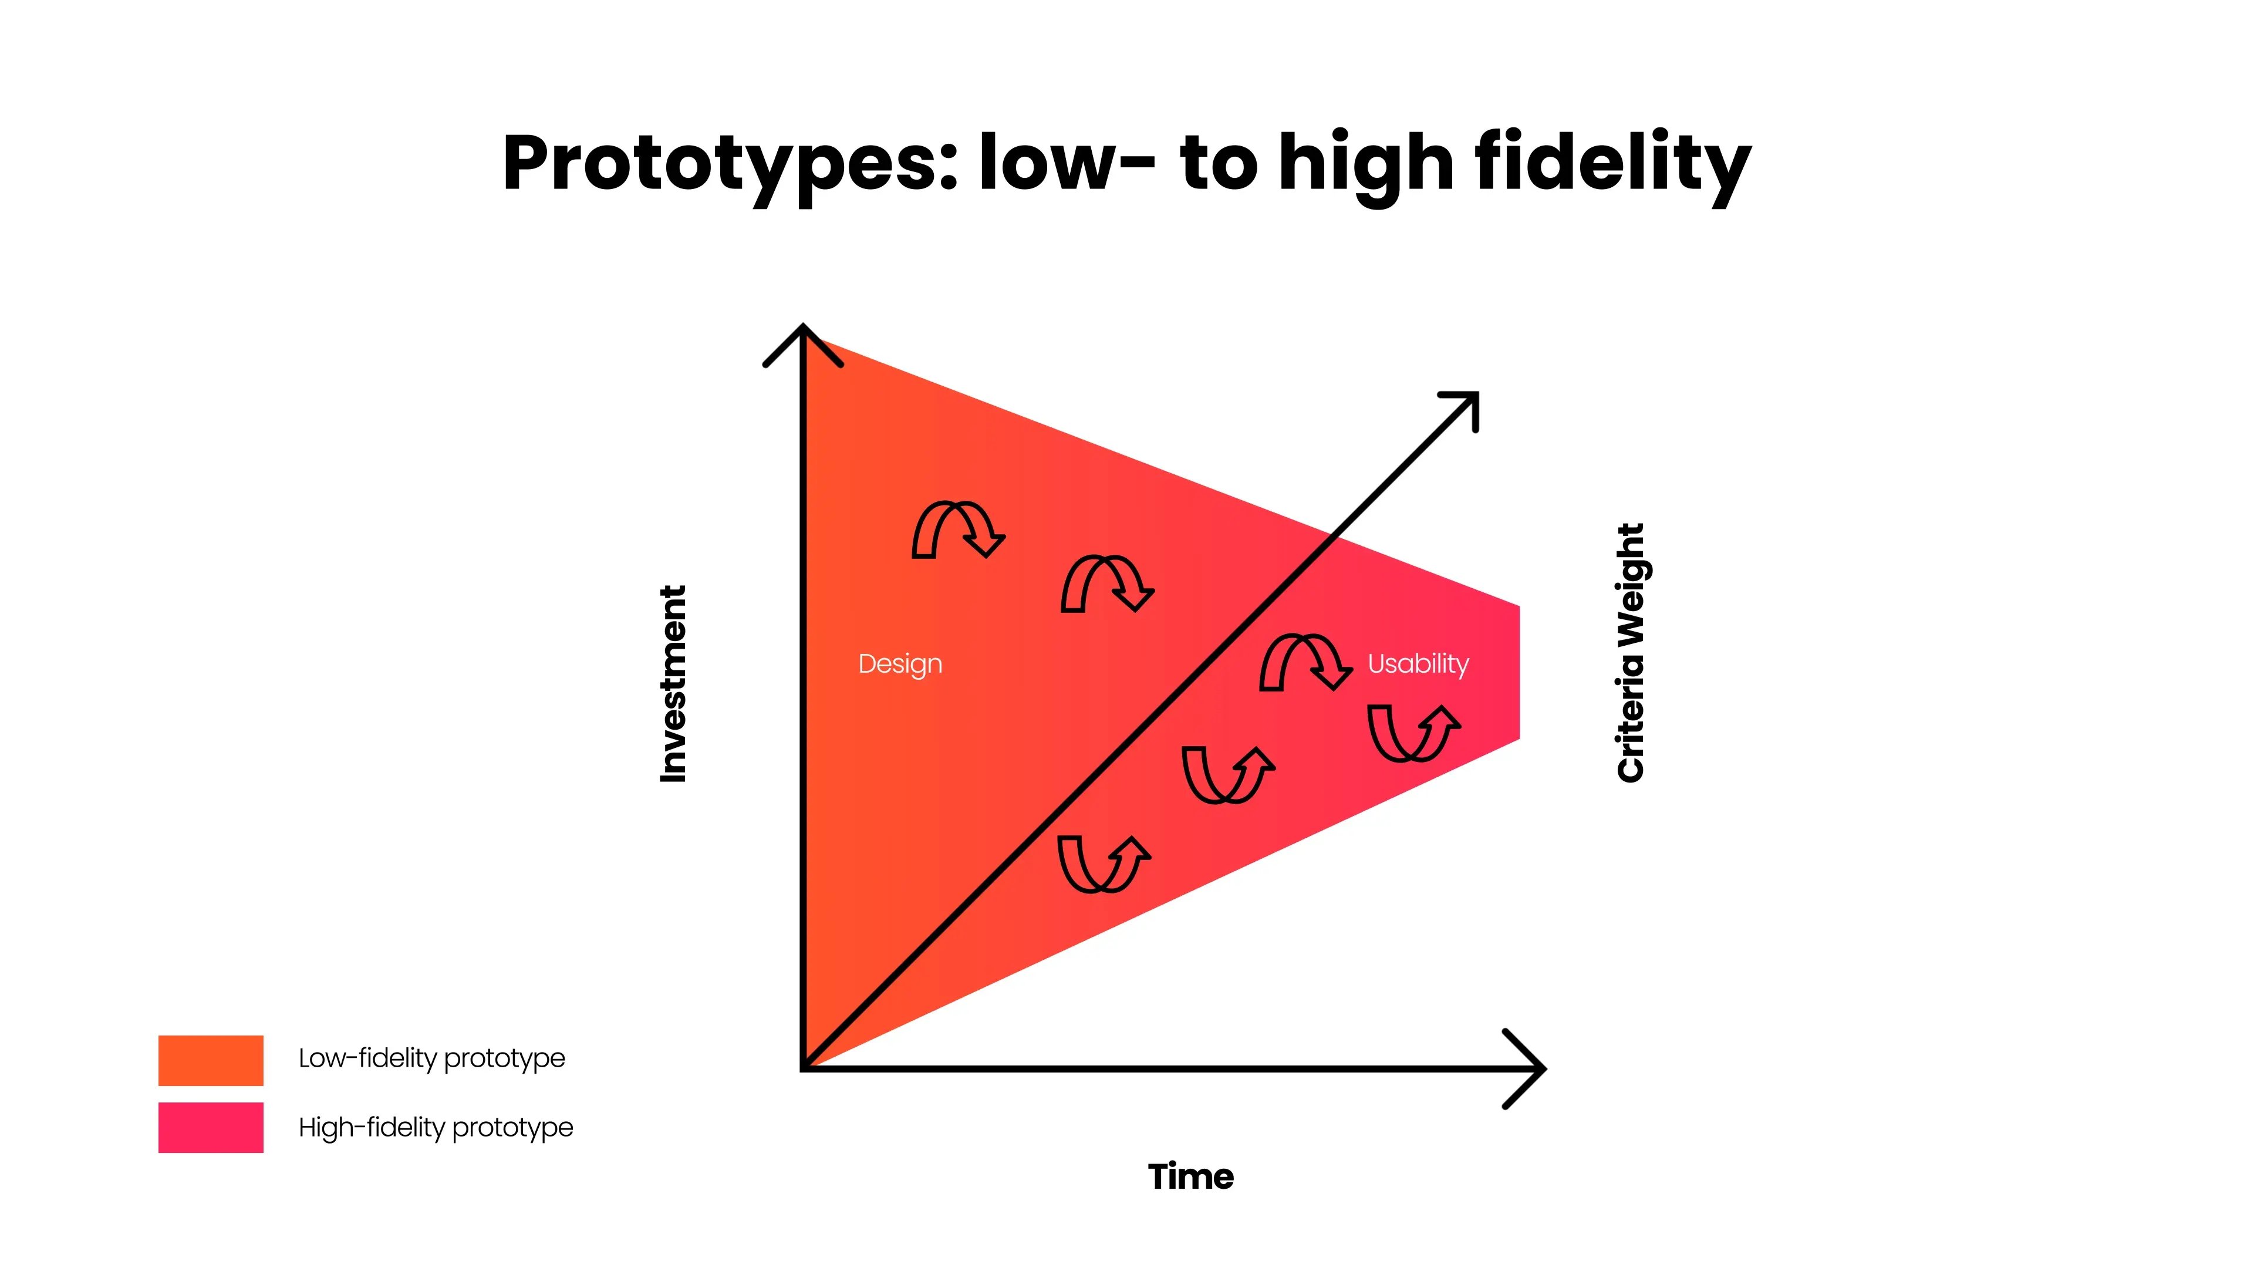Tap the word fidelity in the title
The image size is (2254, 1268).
click(1612, 164)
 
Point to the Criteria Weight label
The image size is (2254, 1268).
click(1631, 653)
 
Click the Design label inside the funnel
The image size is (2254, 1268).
click(899, 664)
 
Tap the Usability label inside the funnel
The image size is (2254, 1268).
click(1418, 664)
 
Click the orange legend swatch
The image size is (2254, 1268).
click(211, 1060)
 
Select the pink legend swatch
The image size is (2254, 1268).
click(211, 1127)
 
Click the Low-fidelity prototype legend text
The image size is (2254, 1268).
click(431, 1058)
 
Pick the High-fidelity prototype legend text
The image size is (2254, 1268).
click(436, 1127)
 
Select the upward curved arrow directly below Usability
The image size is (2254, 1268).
click(1413, 733)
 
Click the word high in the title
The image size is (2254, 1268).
click(1365, 164)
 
